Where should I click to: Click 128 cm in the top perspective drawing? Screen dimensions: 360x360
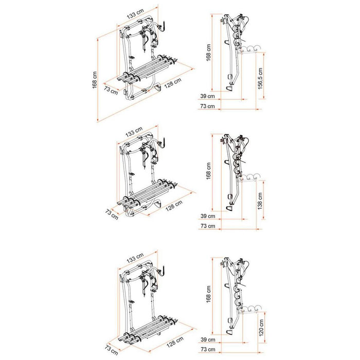174,84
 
